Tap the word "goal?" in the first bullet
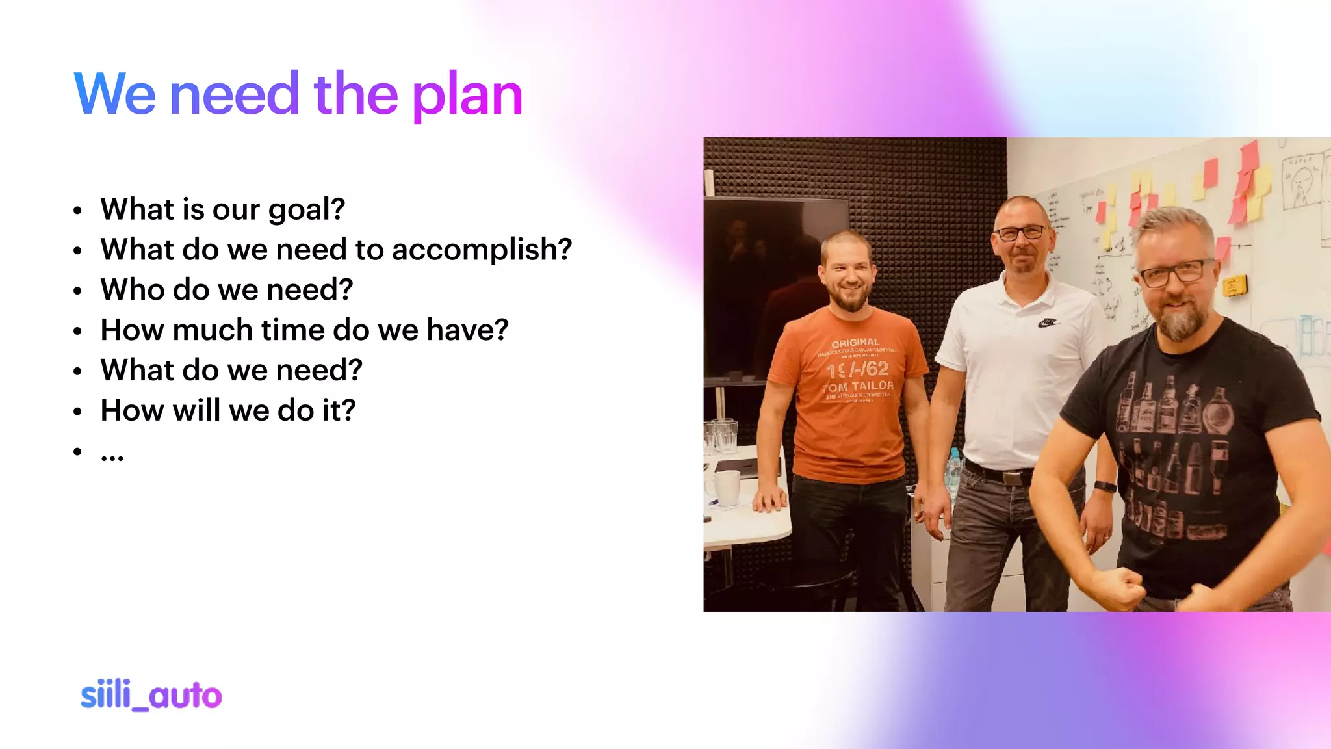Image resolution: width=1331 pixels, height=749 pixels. pos(306,210)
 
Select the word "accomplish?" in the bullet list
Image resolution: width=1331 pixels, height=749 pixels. pos(482,250)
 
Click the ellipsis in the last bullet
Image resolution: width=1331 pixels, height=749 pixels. pos(112,456)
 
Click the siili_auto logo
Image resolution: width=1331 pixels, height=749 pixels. pos(151,696)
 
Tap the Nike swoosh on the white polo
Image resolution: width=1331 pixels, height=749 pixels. pos(1047,322)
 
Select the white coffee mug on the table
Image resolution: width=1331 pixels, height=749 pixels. pos(727,487)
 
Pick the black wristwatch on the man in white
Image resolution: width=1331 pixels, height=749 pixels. pos(1104,486)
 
